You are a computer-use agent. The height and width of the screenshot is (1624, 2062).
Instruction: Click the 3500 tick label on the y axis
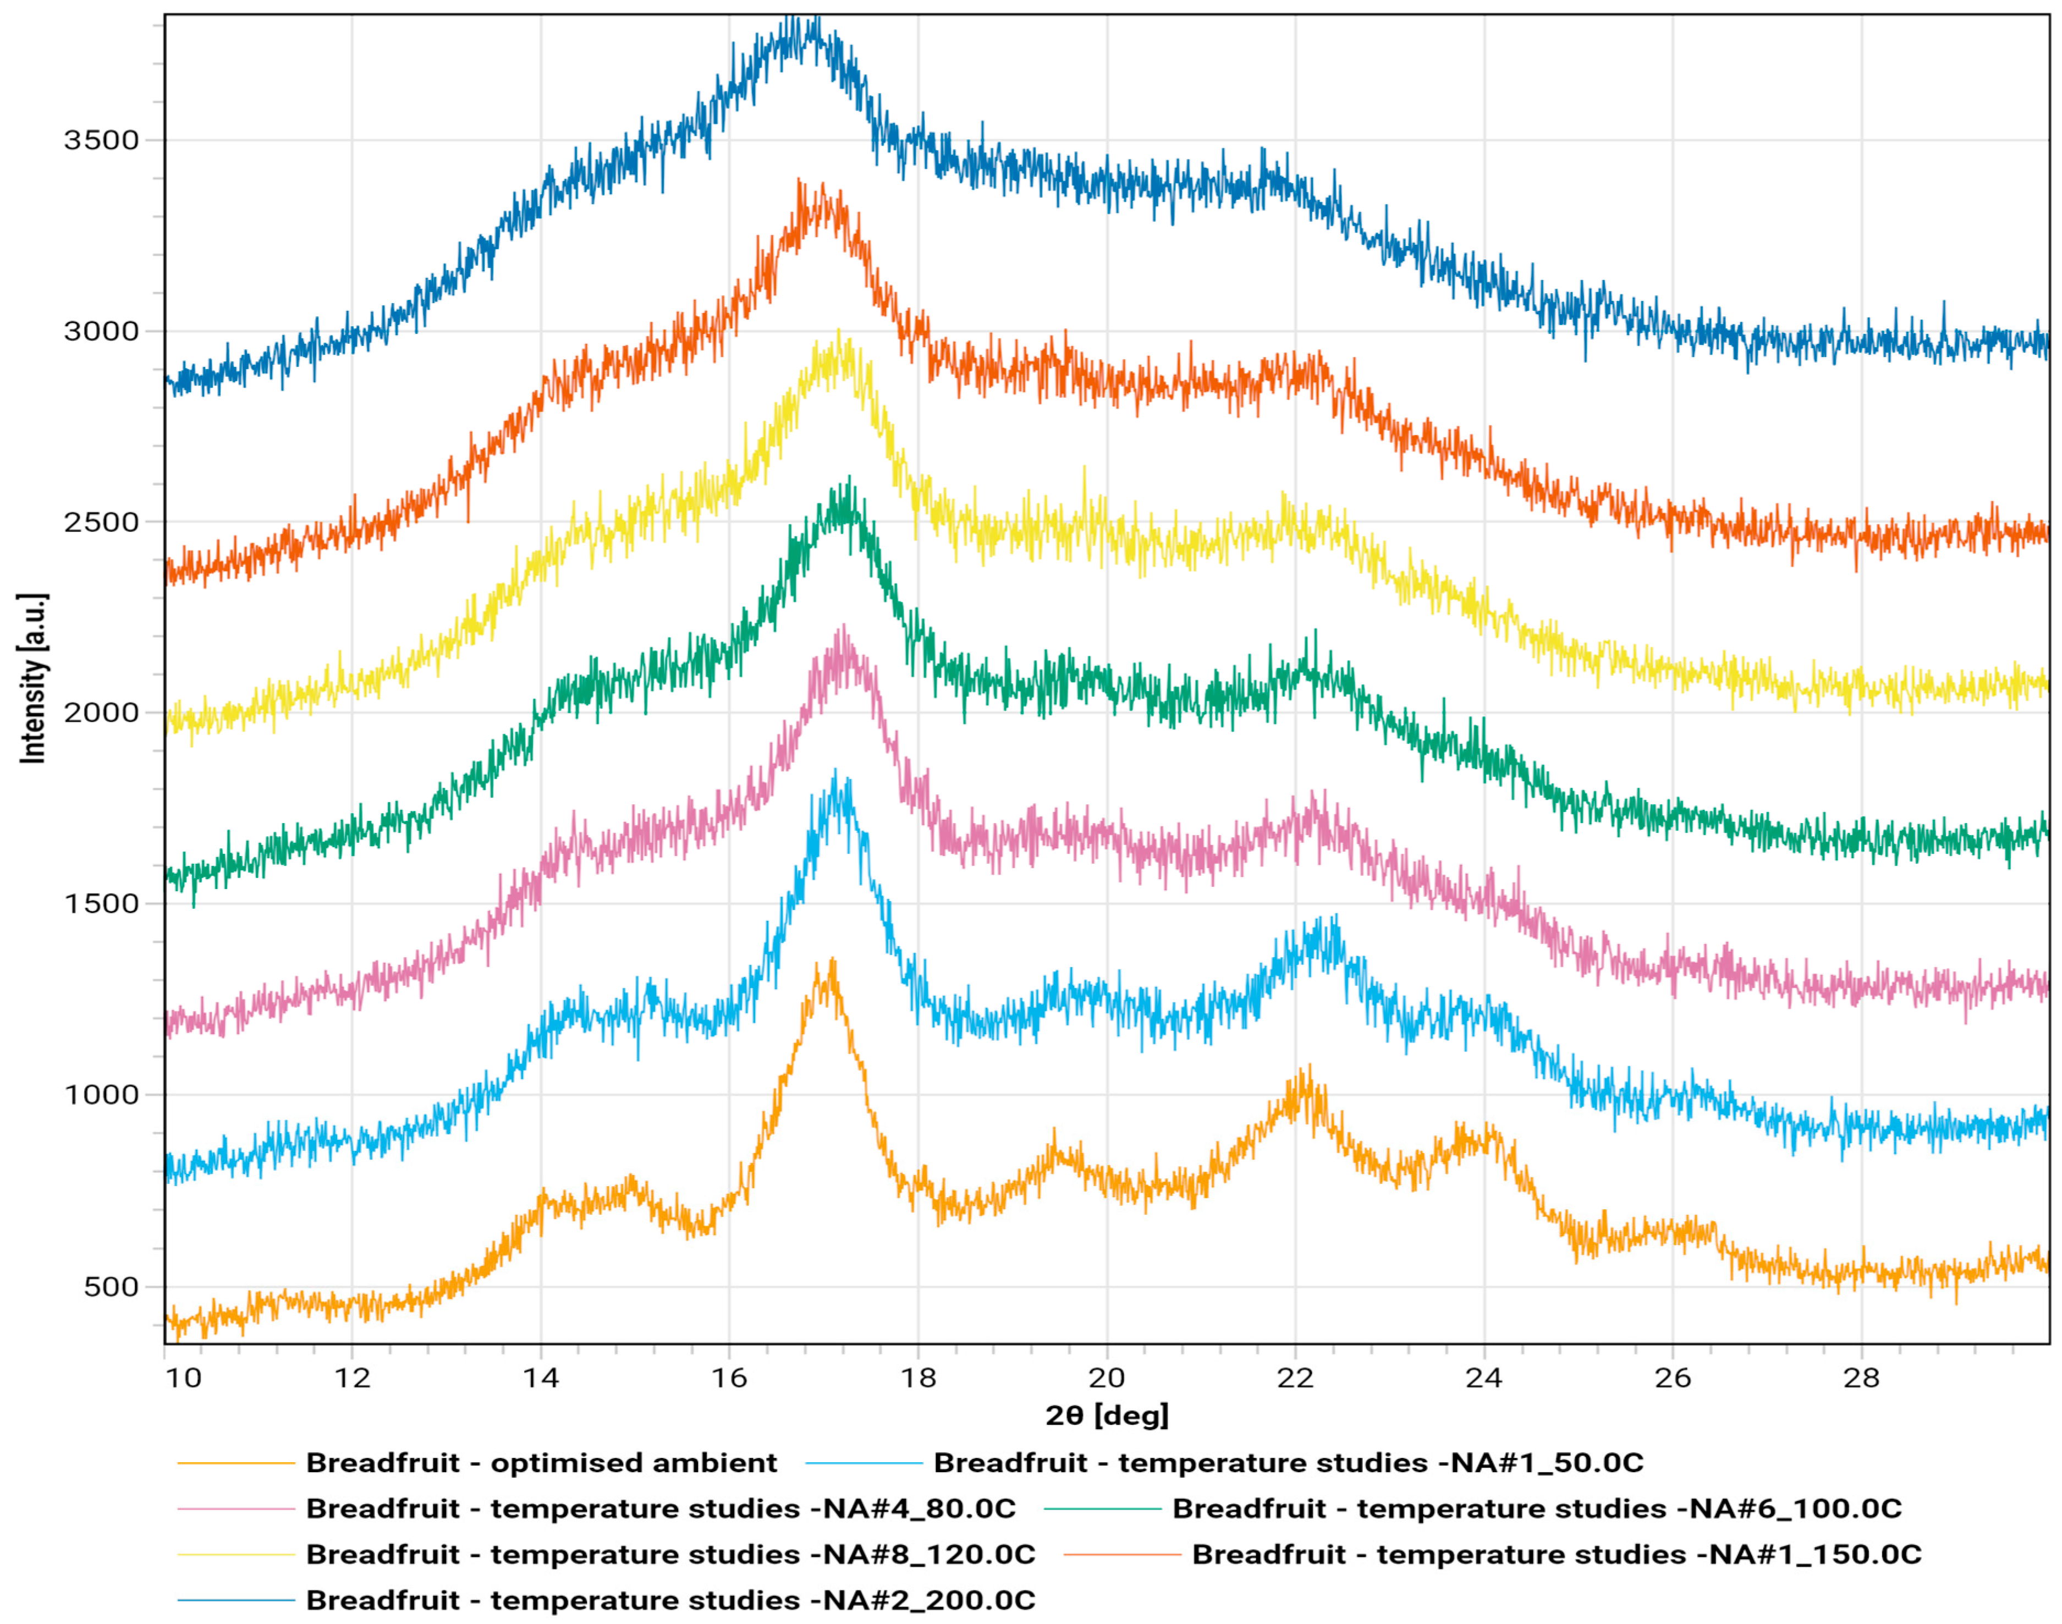coord(101,141)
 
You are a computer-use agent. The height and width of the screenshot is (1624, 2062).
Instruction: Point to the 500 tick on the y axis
coord(111,1287)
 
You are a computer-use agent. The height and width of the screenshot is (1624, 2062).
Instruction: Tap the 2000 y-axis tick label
coord(101,713)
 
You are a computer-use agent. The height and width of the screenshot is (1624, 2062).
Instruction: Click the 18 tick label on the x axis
coord(919,1378)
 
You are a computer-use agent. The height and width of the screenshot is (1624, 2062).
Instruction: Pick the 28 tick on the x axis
coord(1861,1378)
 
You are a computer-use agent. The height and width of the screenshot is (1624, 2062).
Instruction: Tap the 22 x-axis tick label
coord(1295,1378)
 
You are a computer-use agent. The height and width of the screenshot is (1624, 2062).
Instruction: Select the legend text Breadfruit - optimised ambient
coord(541,1463)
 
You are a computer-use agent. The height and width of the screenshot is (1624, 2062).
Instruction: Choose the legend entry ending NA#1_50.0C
coord(1288,1463)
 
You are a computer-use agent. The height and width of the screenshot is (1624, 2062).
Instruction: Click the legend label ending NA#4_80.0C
coord(661,1509)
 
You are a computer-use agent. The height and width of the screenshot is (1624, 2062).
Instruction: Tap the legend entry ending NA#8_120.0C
coord(670,1555)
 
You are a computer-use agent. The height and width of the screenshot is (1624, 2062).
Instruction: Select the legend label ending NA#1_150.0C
coord(1556,1555)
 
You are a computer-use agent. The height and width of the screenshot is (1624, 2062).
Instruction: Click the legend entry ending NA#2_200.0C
coord(670,1600)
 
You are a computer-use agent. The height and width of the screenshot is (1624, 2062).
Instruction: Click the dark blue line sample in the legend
coord(236,1600)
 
